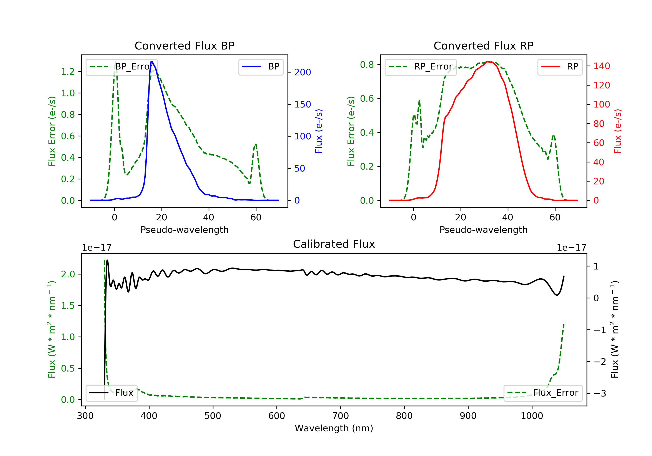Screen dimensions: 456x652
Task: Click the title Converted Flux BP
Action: pos(184,46)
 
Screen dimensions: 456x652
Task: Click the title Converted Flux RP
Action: pos(483,46)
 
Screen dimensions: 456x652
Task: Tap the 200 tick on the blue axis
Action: pos(303,72)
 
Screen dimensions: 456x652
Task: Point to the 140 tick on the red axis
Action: pos(601,66)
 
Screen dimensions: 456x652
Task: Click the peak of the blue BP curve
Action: pos(152,62)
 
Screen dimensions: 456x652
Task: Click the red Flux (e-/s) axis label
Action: pos(617,131)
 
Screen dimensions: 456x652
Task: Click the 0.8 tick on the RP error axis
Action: pos(367,65)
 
